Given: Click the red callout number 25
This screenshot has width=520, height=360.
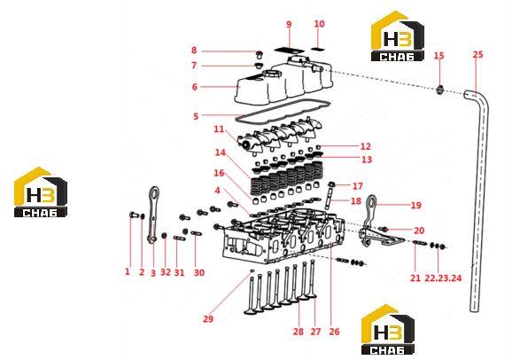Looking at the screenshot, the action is (x=477, y=54).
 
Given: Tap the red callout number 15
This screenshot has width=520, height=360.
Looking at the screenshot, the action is (x=439, y=55).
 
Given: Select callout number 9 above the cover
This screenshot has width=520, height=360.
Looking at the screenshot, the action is (x=289, y=24).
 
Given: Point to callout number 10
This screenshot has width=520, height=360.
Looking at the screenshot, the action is (x=319, y=24).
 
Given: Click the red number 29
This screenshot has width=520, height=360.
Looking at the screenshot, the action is (x=208, y=319).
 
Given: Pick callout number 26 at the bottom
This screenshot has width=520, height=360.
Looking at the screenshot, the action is (x=334, y=332).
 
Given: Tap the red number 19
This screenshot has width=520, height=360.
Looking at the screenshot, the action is (x=415, y=206).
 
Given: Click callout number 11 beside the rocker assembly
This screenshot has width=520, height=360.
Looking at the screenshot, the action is (x=219, y=129).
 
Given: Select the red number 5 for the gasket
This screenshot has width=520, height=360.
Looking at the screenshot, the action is (x=196, y=116).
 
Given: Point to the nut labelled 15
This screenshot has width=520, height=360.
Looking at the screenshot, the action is (x=439, y=90).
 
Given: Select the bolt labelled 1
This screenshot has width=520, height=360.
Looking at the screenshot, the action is (x=133, y=215).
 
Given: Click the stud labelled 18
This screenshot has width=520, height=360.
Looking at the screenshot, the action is (x=330, y=198).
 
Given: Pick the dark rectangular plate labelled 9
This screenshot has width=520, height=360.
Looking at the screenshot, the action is (x=289, y=51).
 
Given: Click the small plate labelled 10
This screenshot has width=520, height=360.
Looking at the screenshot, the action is (x=318, y=49).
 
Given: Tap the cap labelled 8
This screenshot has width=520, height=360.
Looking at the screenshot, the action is (x=259, y=54).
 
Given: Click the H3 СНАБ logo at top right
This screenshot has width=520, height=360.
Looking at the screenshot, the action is (x=398, y=36).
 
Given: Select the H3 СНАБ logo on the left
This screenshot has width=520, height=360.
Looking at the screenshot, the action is (x=41, y=192).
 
